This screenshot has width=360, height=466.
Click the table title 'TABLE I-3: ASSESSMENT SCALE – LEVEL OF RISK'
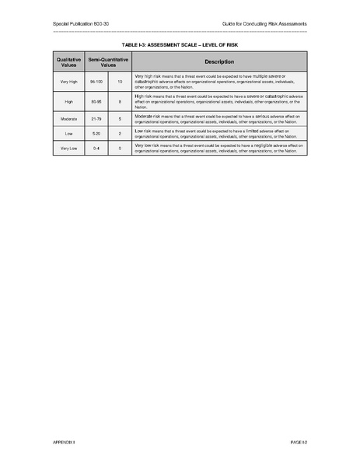(x=180, y=46)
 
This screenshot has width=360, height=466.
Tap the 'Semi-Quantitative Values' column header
(x=107, y=61)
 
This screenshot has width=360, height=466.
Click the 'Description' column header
(x=219, y=61)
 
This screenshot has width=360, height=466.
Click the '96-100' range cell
(x=96, y=81)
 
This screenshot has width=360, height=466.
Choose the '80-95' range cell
(x=96, y=101)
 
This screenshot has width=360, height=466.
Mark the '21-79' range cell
(x=96, y=119)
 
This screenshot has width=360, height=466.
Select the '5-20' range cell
(x=96, y=133)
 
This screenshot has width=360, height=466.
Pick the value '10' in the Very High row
(x=120, y=81)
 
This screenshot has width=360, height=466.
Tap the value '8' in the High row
(x=120, y=101)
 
